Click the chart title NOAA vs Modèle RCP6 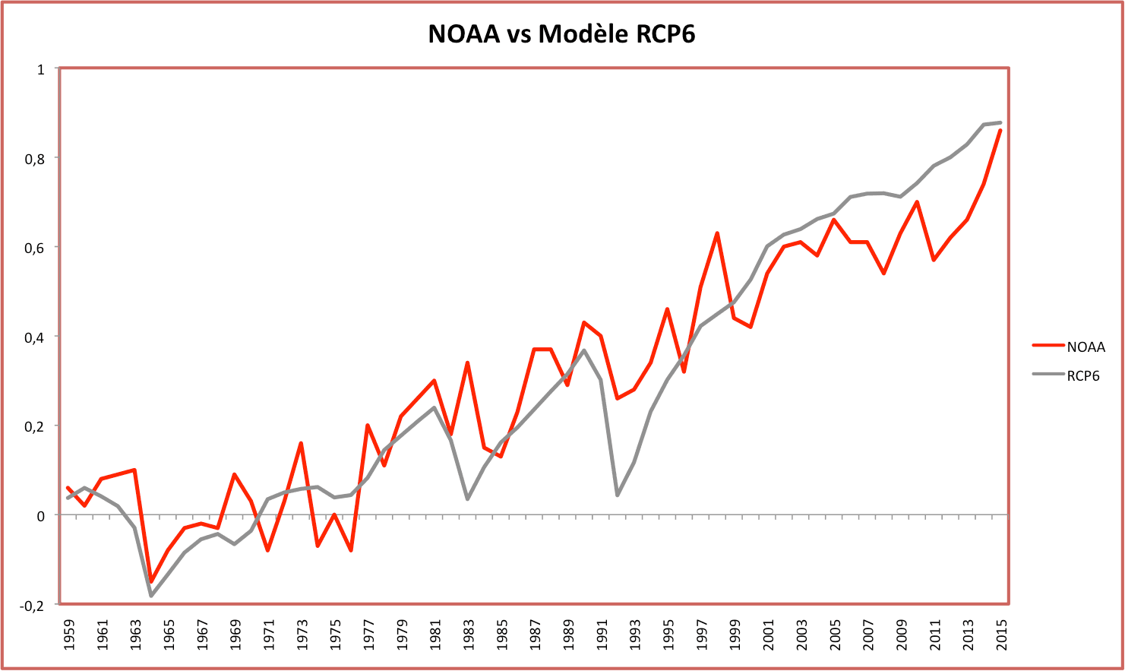click(x=561, y=34)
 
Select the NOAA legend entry click(x=1085, y=347)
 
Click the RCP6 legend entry click(x=1082, y=376)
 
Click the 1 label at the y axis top click(x=41, y=69)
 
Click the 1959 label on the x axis click(x=69, y=635)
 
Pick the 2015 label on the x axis click(x=1002, y=635)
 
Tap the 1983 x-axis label click(x=469, y=635)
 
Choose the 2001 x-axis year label click(x=769, y=635)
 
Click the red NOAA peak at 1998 click(x=717, y=233)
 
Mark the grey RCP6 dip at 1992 click(x=618, y=495)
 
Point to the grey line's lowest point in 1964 click(x=151, y=596)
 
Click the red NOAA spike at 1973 click(x=301, y=443)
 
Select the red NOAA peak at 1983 click(x=468, y=363)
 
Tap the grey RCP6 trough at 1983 click(x=468, y=499)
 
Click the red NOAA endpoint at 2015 click(x=1000, y=131)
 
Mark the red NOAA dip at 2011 click(x=934, y=260)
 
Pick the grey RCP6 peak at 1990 click(x=584, y=350)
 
